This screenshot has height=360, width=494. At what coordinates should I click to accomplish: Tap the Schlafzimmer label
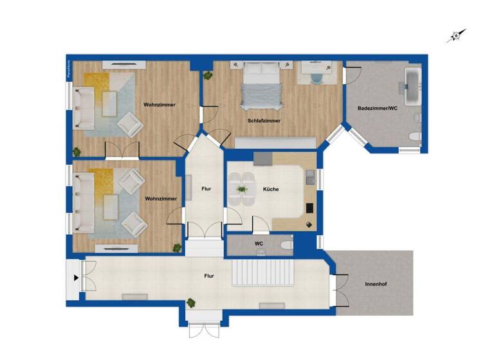click(x=264, y=120)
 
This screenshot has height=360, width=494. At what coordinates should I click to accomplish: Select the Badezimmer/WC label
click(x=378, y=109)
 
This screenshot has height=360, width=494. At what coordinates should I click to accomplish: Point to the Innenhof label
click(x=375, y=283)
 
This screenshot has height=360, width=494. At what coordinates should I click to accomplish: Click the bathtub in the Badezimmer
click(x=411, y=80)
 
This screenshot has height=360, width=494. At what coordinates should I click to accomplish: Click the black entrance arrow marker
click(x=77, y=278)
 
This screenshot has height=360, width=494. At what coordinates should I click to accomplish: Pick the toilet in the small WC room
click(x=286, y=245)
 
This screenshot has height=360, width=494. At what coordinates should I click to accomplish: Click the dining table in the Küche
click(x=242, y=189)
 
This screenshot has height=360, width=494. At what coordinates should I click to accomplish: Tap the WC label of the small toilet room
click(x=259, y=244)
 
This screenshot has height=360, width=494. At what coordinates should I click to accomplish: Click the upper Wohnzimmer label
click(x=160, y=105)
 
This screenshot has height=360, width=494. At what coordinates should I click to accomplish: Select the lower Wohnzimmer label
click(x=161, y=199)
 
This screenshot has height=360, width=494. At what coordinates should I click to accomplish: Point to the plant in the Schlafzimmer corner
click(x=208, y=76)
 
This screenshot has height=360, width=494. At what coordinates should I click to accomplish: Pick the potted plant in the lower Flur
click(x=191, y=302)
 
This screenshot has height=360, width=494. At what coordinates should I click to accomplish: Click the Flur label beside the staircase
click(x=209, y=276)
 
